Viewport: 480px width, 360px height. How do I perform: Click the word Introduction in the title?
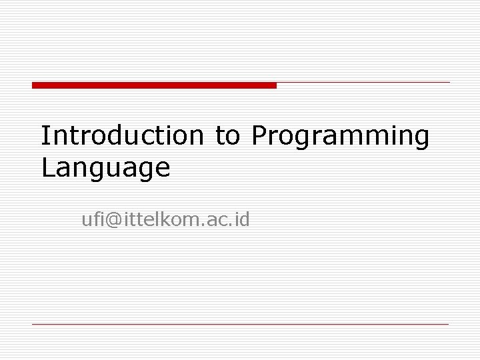click(121, 135)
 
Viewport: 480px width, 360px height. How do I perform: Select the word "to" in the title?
click(227, 136)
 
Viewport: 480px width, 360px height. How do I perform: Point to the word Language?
click(105, 168)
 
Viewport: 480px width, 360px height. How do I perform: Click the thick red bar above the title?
click(153, 85)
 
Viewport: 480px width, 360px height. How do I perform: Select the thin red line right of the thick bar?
click(363, 83)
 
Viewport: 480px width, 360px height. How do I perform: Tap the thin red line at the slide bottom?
click(240, 324)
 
